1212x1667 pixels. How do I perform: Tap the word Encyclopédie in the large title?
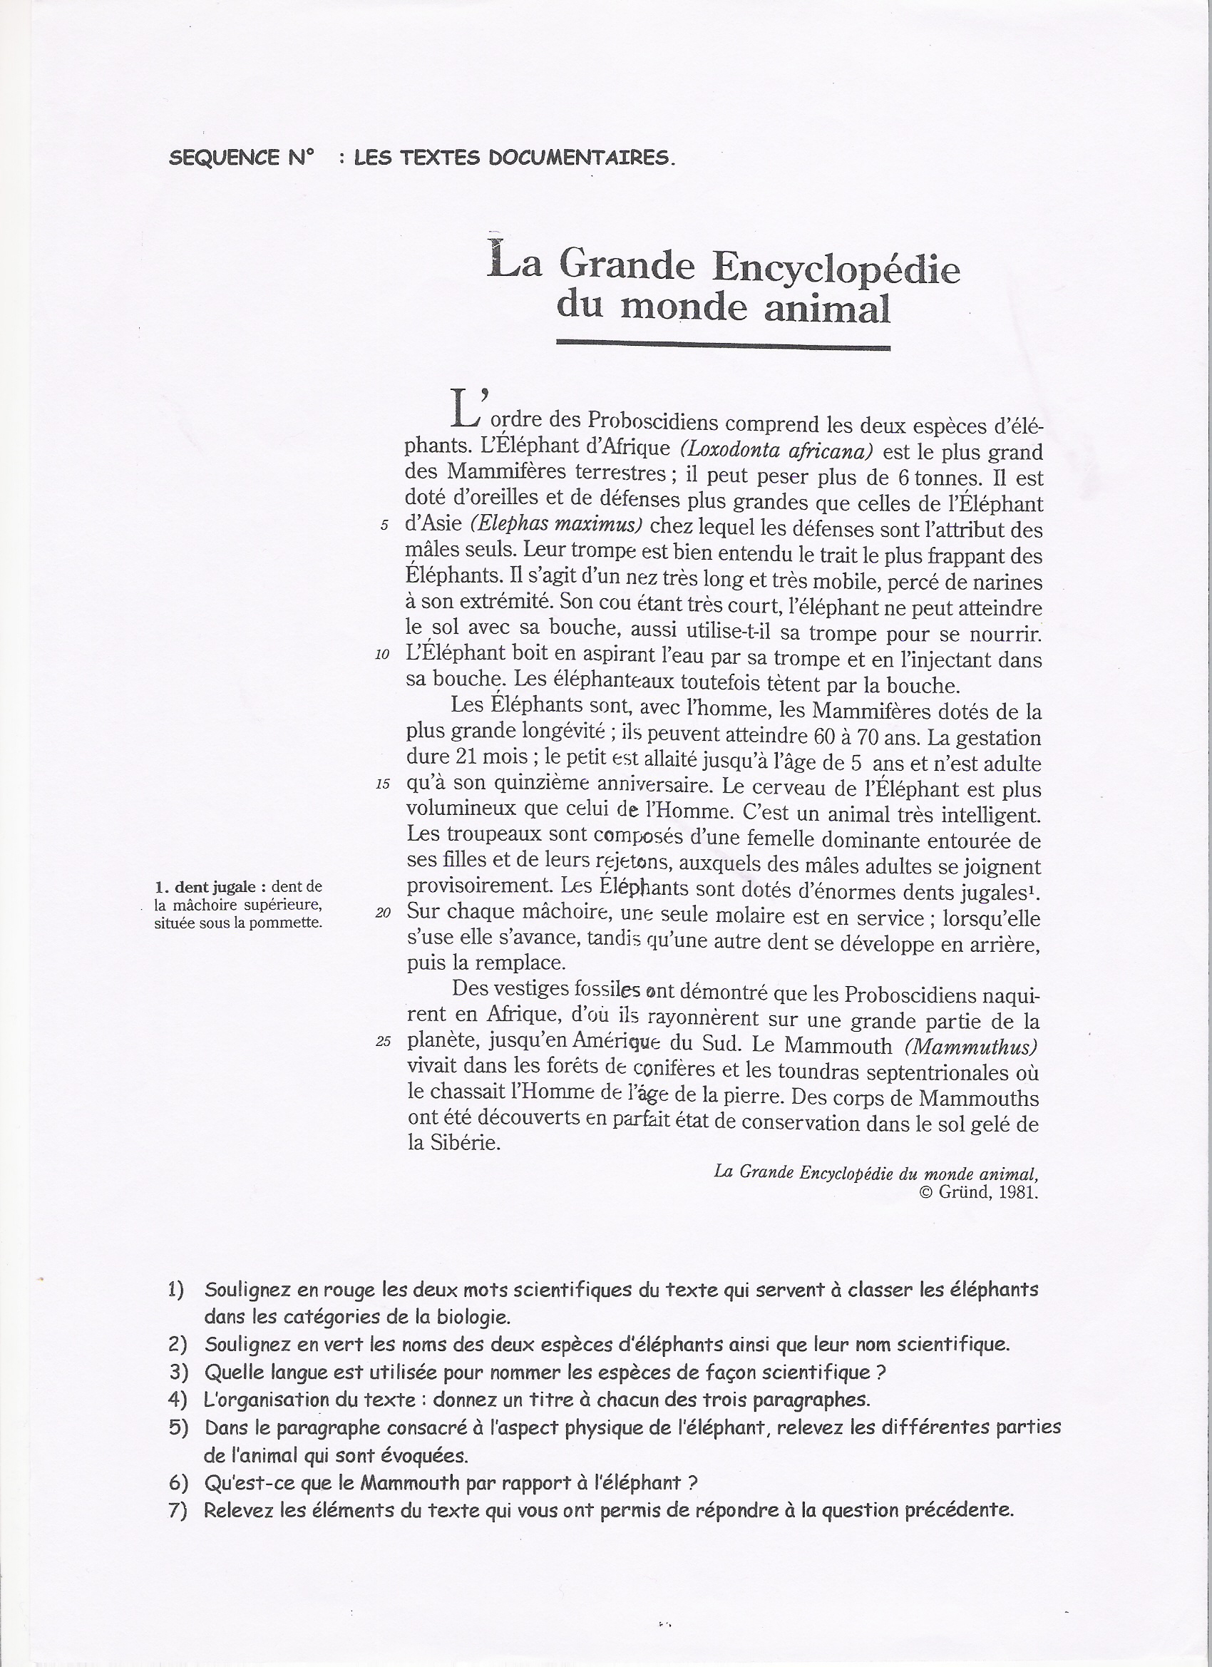(x=836, y=268)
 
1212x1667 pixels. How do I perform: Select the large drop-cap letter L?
(x=467, y=408)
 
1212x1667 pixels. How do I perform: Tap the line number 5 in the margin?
(x=384, y=526)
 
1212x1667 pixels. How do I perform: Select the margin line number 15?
(x=382, y=784)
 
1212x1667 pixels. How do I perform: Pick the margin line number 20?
(x=382, y=913)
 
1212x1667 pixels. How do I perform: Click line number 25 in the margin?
(x=382, y=1042)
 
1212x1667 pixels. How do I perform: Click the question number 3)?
(x=178, y=1373)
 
